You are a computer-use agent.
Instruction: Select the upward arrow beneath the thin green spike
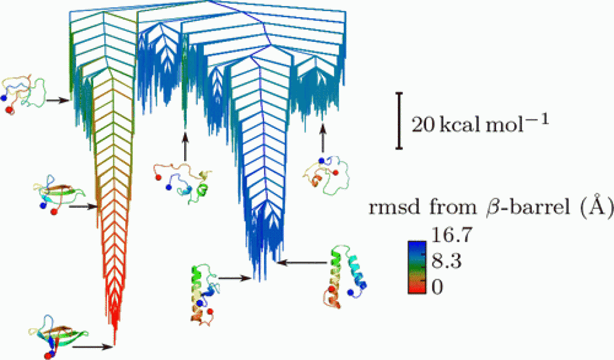tap(185, 146)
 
